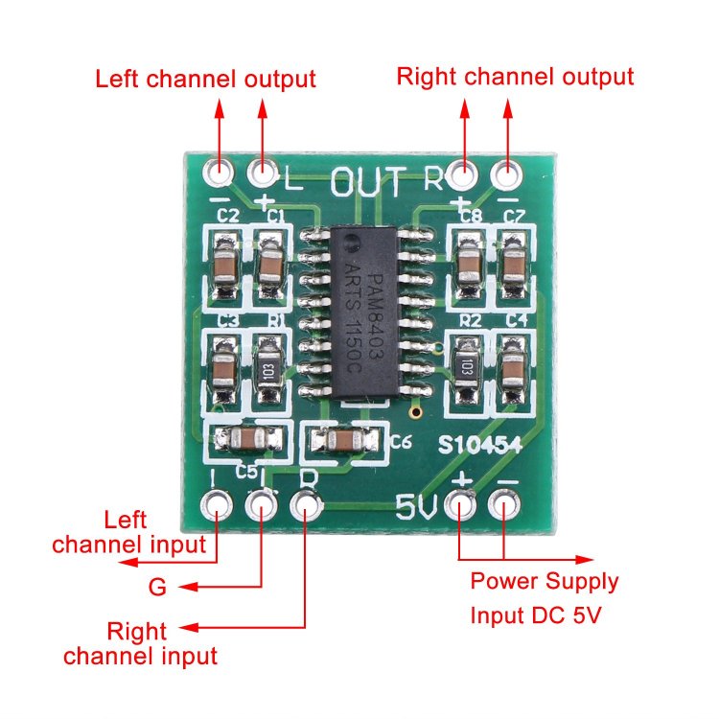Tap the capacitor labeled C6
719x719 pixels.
(x=341, y=440)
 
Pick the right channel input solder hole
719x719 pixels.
(x=305, y=501)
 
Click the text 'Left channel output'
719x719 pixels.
(x=205, y=79)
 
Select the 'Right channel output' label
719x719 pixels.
(x=515, y=76)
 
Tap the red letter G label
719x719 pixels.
(x=157, y=587)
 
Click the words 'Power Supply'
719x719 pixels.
(x=544, y=581)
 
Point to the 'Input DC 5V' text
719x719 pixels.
(x=535, y=615)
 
